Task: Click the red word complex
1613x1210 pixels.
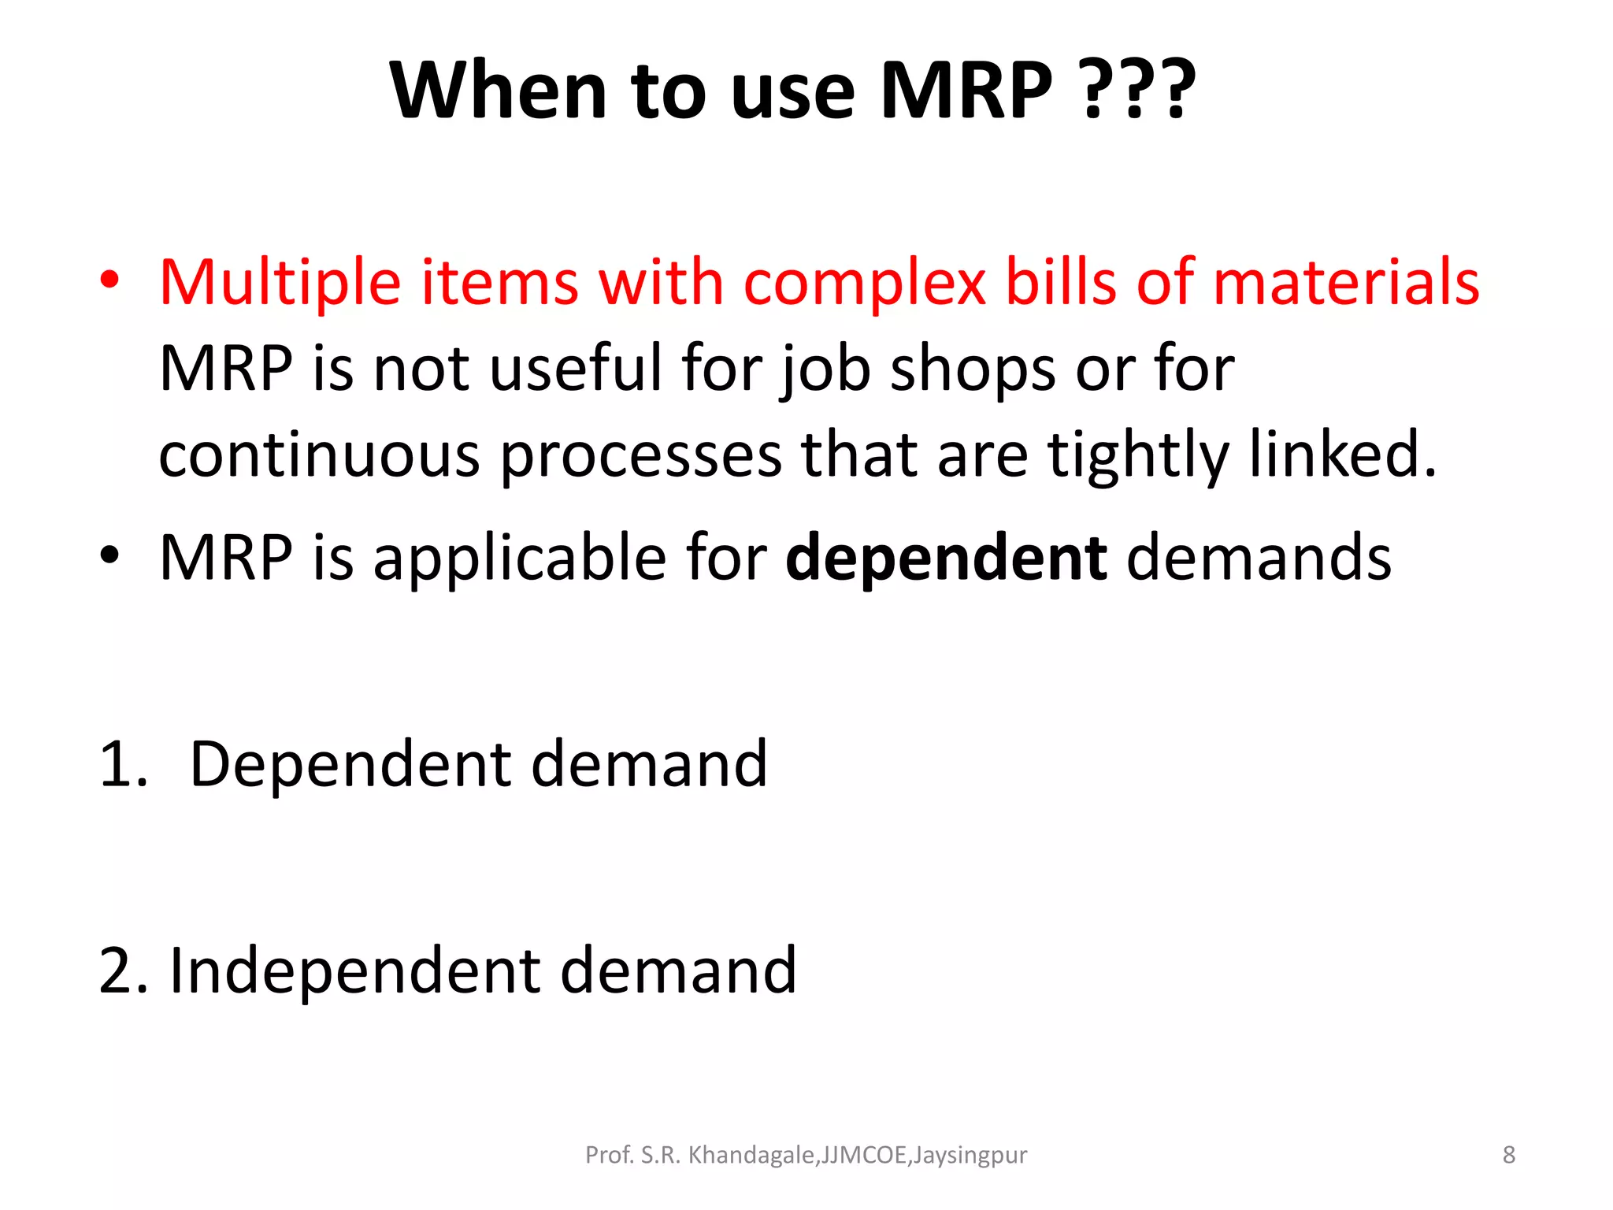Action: [x=864, y=284]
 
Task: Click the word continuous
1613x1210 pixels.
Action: [x=319, y=455]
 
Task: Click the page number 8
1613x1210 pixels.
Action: [x=1508, y=1155]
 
